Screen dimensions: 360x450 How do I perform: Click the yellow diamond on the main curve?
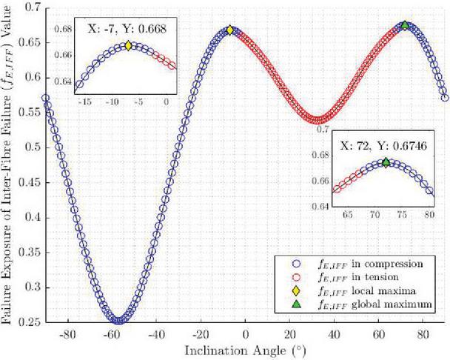pyautogui.click(x=229, y=30)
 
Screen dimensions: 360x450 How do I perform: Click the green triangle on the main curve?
pyautogui.click(x=405, y=25)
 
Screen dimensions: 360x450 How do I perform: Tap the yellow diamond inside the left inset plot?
pyautogui.click(x=128, y=45)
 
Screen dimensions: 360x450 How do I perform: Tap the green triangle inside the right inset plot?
pyautogui.click(x=386, y=162)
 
